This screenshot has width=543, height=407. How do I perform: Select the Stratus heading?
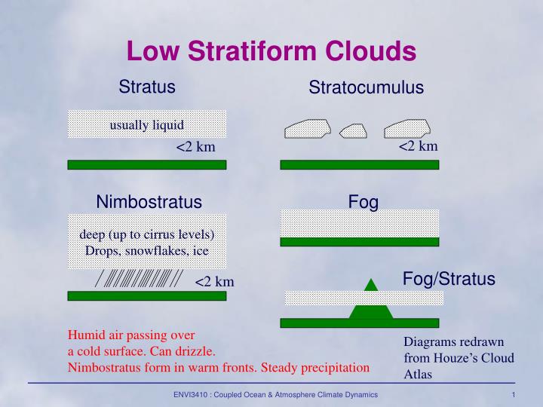(x=147, y=87)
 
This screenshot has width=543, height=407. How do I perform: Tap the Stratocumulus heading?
(x=366, y=88)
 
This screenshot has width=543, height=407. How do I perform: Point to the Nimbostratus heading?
(x=149, y=202)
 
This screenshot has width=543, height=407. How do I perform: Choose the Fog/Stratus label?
(x=449, y=280)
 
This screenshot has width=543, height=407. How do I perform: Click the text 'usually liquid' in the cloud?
(x=147, y=124)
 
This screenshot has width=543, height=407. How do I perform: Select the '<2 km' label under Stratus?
(x=195, y=146)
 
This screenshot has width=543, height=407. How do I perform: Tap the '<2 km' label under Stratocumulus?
(x=418, y=145)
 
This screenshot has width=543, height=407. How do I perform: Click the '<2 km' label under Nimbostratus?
(x=215, y=282)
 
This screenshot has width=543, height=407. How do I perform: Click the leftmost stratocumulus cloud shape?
(x=307, y=129)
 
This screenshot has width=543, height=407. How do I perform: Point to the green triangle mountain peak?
(x=370, y=285)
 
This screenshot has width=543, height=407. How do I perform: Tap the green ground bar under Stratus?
(x=147, y=164)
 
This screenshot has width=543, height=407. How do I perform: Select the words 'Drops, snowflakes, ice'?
(x=147, y=250)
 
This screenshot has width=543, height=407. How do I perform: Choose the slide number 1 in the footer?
(x=513, y=396)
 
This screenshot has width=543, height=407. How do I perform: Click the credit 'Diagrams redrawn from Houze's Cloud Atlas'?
(x=459, y=357)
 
